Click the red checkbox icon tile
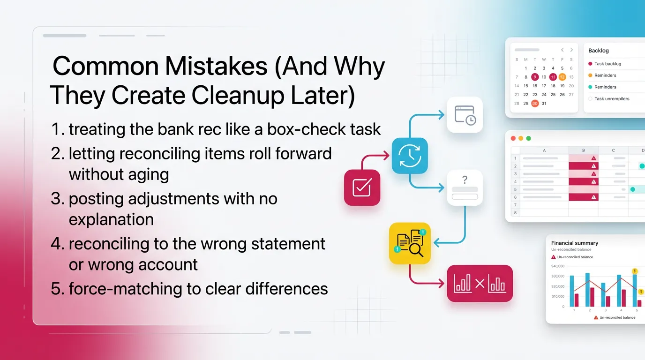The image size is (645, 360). [362, 187]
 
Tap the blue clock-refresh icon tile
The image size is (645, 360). [410, 156]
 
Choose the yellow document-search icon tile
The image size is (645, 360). [410, 243]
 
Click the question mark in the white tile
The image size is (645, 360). [465, 180]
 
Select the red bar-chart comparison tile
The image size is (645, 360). [480, 283]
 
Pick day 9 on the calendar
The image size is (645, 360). [535, 77]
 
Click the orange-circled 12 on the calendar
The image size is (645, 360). [562, 77]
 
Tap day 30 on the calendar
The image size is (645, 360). [535, 104]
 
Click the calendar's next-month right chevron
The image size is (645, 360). [571, 50]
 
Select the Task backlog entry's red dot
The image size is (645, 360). [590, 64]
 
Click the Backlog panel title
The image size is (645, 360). [598, 50]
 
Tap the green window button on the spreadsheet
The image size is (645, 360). [528, 138]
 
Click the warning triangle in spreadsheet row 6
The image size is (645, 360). [593, 197]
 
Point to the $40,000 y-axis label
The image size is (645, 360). [557, 266]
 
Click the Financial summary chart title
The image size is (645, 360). [574, 243]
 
